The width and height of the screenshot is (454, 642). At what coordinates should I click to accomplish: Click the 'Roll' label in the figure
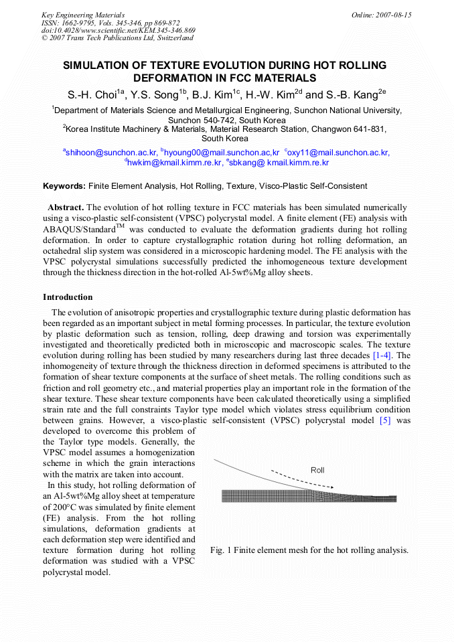pyautogui.click(x=317, y=470)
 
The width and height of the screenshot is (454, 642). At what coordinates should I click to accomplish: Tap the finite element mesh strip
pyautogui.click(x=309, y=496)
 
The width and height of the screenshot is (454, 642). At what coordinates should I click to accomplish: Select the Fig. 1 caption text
pyautogui.click(x=309, y=550)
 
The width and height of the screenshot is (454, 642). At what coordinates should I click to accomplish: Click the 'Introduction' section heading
pyautogui.click(x=68, y=297)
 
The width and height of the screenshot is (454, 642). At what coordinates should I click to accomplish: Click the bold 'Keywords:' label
pyautogui.click(x=64, y=185)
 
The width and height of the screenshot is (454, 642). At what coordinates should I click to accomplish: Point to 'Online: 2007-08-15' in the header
pyautogui.click(x=381, y=15)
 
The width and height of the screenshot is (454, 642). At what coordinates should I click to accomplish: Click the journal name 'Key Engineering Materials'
pyautogui.click(x=82, y=15)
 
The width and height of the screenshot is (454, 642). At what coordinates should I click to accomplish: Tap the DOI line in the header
pyautogui.click(x=118, y=30)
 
